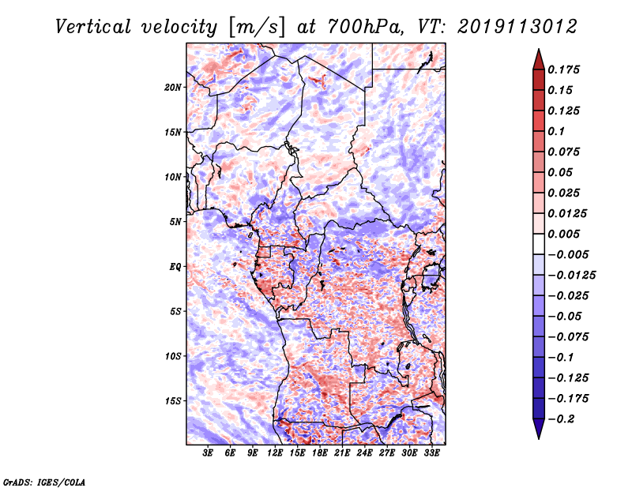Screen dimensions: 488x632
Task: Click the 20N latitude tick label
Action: (174, 87)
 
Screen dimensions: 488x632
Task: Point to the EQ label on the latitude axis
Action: (175, 267)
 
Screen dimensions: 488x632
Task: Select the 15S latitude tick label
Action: (174, 401)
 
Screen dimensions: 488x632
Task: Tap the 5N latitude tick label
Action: (176, 222)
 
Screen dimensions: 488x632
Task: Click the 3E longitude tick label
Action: (208, 454)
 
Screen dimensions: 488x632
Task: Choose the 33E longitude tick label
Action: (432, 454)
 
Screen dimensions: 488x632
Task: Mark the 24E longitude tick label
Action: (365, 454)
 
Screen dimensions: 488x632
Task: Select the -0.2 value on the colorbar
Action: (563, 419)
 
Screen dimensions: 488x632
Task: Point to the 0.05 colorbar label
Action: (561, 172)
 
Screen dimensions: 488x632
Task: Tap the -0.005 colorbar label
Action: (569, 254)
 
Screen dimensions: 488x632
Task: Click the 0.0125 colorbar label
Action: (568, 213)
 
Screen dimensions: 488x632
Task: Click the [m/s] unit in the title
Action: (255, 27)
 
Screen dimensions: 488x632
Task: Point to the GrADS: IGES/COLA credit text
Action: (44, 481)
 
